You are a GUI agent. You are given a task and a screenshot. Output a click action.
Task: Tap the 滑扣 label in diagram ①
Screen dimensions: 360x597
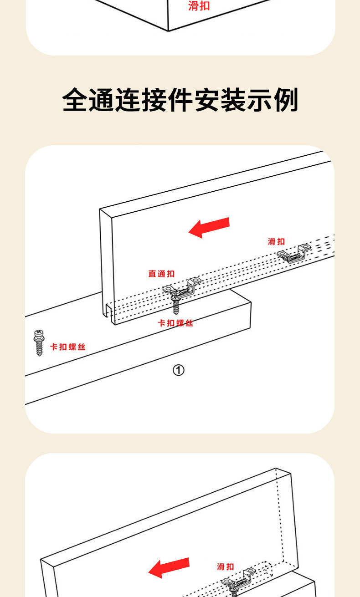pyautogui.click(x=276, y=241)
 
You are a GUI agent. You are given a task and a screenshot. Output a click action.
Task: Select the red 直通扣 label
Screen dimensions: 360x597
pyautogui.click(x=161, y=274)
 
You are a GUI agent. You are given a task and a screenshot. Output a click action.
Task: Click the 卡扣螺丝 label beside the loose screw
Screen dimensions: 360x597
pyautogui.click(x=68, y=347)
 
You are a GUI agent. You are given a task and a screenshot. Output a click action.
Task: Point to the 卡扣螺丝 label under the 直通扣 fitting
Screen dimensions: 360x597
pyautogui.click(x=175, y=323)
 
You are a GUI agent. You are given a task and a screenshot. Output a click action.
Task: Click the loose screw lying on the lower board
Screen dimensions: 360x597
pyautogui.click(x=39, y=343)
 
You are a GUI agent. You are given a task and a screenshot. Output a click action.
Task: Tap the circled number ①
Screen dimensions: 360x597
pyautogui.click(x=178, y=371)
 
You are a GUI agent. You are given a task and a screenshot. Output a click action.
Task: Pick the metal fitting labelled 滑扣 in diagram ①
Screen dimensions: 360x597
pyautogui.click(x=294, y=253)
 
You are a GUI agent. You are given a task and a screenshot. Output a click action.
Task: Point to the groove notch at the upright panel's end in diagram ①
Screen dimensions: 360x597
pyautogui.click(x=108, y=312)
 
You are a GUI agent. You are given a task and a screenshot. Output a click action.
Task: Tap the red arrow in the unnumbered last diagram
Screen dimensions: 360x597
pyautogui.click(x=169, y=567)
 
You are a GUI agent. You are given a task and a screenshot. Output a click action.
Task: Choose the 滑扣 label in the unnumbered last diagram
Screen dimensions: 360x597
pyautogui.click(x=225, y=566)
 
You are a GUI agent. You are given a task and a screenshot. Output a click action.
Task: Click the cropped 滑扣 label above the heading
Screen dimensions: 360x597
pyautogui.click(x=199, y=6)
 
